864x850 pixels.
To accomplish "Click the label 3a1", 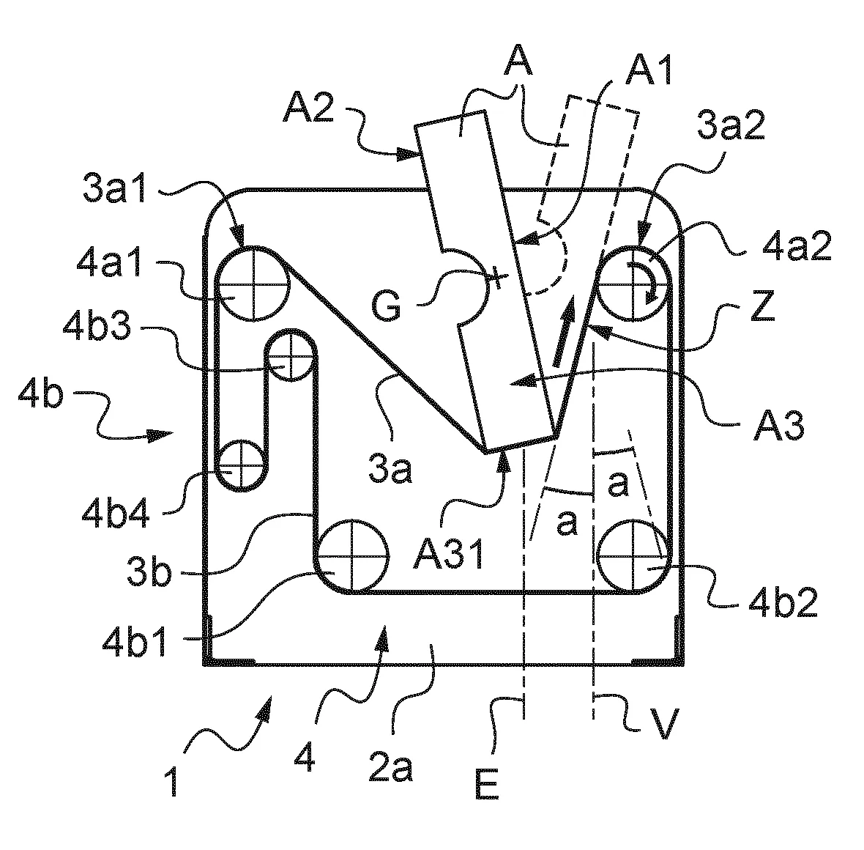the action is [115, 188].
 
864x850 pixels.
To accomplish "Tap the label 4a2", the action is [797, 245].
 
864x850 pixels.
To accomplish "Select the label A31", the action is [449, 555].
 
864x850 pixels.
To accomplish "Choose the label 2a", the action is [390, 768].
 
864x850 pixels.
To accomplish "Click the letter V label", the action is [665, 722].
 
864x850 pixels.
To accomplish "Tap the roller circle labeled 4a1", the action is [253, 284].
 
